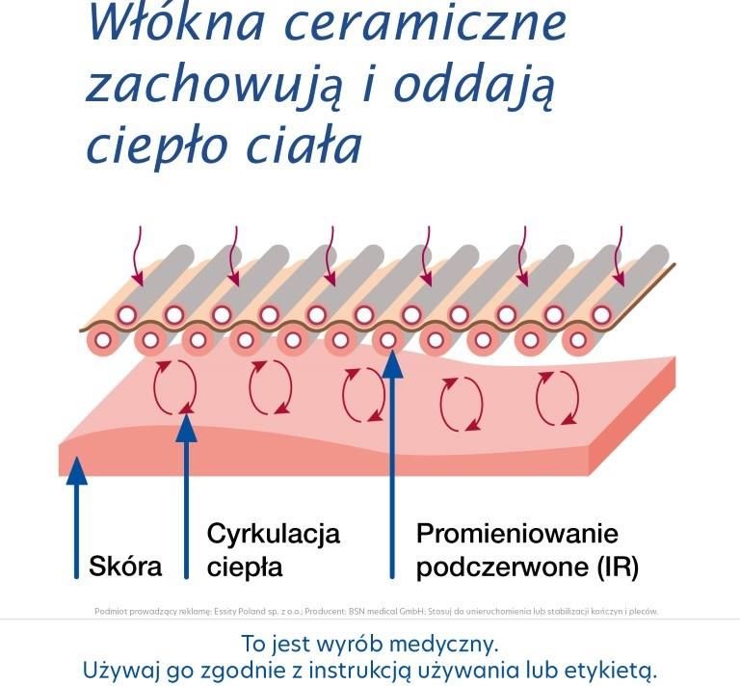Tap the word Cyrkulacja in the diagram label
click(274, 534)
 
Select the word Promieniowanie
click(516, 534)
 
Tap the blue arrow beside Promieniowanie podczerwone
click(391, 462)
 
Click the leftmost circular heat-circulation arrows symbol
click(175, 385)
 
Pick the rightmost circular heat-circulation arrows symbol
click(557, 399)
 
